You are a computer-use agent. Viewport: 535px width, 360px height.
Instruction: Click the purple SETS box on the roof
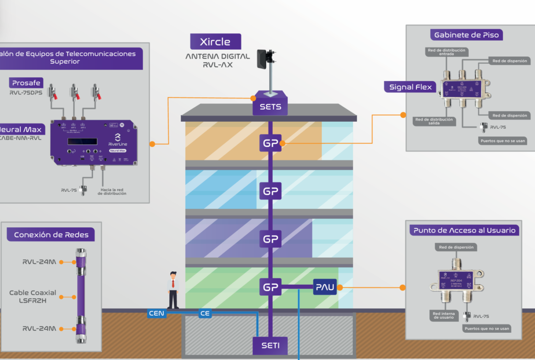[x=270, y=107]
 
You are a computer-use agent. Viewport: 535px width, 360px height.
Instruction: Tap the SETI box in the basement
[x=270, y=345]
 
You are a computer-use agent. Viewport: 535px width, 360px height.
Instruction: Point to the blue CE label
[x=205, y=313]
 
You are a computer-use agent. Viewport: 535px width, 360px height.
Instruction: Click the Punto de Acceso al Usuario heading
[x=464, y=230]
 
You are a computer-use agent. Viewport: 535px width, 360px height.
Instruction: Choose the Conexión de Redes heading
[x=51, y=235]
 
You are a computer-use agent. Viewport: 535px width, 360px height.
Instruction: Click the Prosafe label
[x=25, y=83]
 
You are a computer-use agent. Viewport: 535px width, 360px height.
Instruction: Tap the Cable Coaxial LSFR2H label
[x=32, y=296]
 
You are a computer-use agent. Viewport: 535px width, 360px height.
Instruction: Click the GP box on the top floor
[x=270, y=143]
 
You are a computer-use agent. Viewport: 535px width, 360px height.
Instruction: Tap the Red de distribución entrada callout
[x=446, y=53]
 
